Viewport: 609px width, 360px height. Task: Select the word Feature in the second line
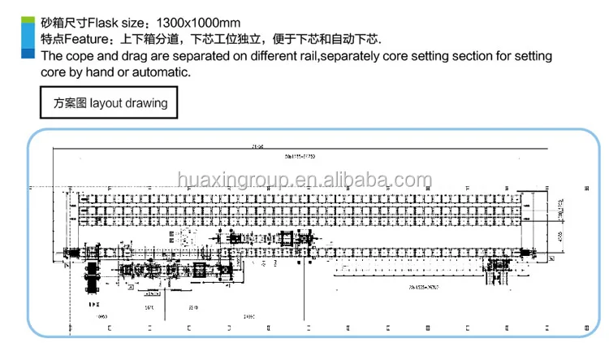pos(90,38)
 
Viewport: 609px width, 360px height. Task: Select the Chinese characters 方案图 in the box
pos(70,103)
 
